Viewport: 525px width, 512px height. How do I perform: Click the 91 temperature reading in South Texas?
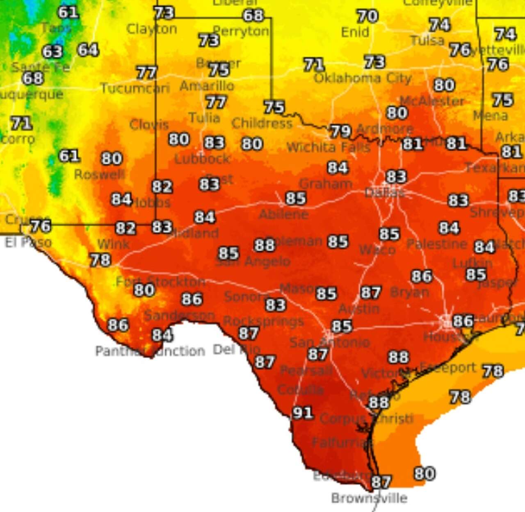[x=303, y=412]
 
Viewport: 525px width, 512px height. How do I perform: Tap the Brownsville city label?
[x=369, y=498]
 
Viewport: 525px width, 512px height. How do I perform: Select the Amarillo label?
[x=207, y=86]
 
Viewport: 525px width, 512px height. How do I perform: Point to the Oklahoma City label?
[x=363, y=78]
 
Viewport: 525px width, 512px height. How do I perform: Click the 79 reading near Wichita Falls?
[x=340, y=131]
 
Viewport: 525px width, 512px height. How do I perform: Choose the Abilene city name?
[x=284, y=214]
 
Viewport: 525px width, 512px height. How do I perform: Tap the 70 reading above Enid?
[x=367, y=16]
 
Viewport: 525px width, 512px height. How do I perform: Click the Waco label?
[x=377, y=250]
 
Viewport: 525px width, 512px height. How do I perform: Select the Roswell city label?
[x=99, y=175]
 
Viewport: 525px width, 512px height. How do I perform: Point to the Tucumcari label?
[x=135, y=88]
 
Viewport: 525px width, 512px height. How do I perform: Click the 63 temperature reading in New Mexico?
[x=52, y=52]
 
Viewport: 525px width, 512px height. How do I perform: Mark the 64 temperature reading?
[x=88, y=50]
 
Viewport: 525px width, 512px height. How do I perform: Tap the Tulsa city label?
[x=427, y=40]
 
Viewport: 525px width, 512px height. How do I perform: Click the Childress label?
[x=262, y=123]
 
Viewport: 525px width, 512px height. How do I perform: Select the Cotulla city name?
[x=300, y=389]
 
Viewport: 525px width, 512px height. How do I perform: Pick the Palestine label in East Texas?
[x=437, y=244]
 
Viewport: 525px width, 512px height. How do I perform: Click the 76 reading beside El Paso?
[x=41, y=225]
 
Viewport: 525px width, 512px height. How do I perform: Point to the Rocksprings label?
[x=263, y=321]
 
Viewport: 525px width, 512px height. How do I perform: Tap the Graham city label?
[x=326, y=184]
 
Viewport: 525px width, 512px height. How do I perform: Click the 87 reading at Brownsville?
[x=381, y=481]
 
